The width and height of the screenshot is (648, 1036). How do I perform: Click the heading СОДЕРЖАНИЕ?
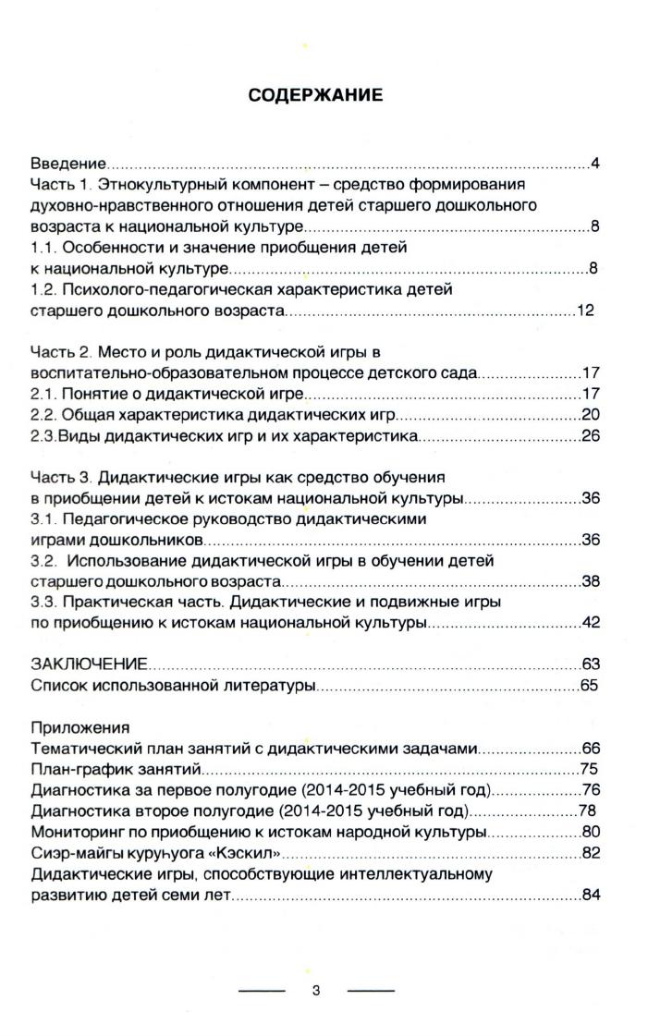(x=315, y=95)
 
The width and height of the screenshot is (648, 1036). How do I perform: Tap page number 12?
(x=584, y=311)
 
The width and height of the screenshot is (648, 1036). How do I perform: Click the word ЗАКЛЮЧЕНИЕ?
(x=89, y=664)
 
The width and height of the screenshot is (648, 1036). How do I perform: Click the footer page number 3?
(x=316, y=991)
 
